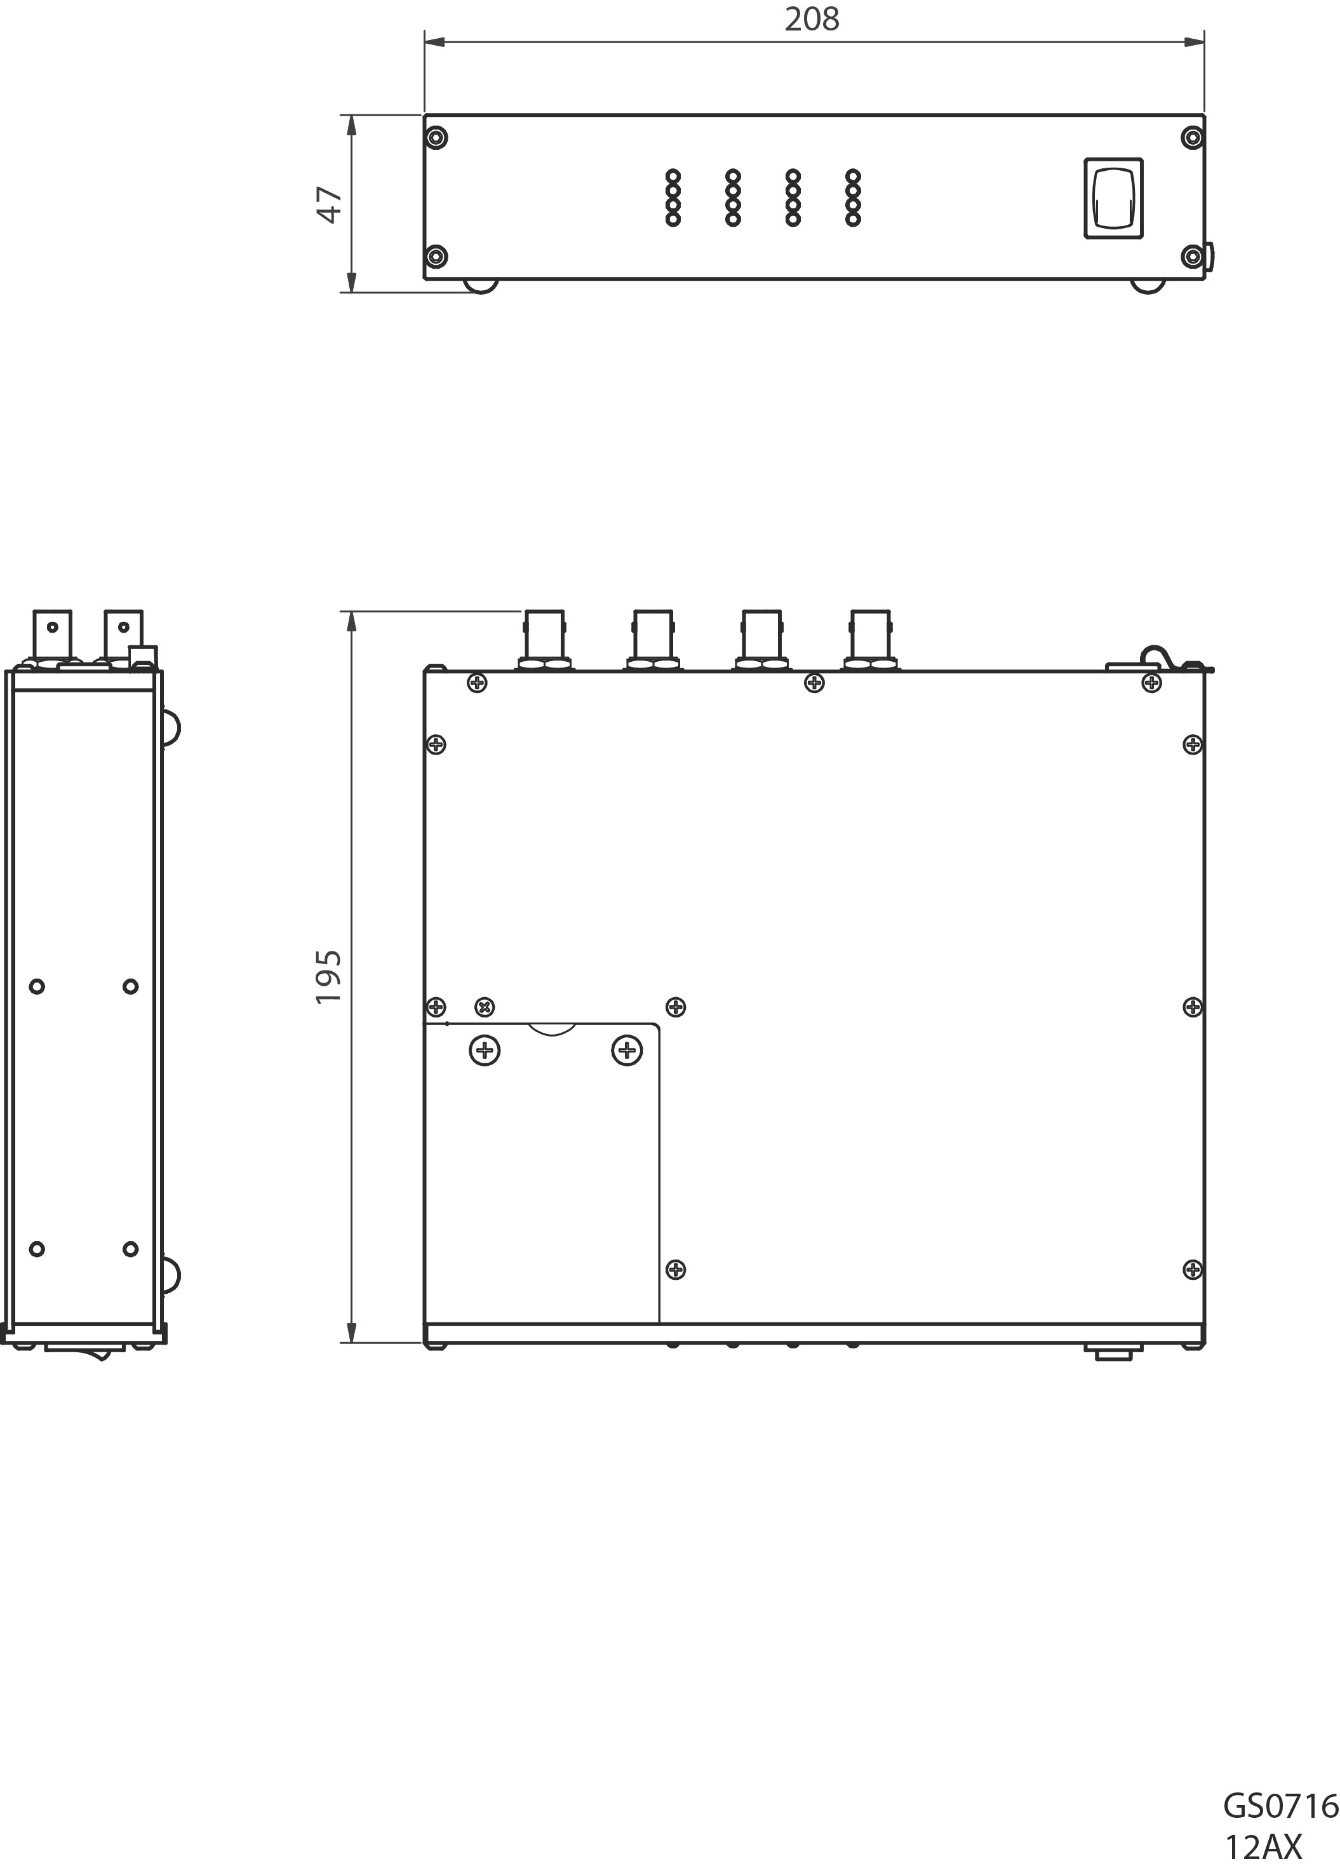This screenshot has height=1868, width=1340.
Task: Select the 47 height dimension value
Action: pos(330,205)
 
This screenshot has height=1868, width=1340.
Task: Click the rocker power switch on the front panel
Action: pos(1113,199)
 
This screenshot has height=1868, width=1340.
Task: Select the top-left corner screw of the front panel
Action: pos(438,138)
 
